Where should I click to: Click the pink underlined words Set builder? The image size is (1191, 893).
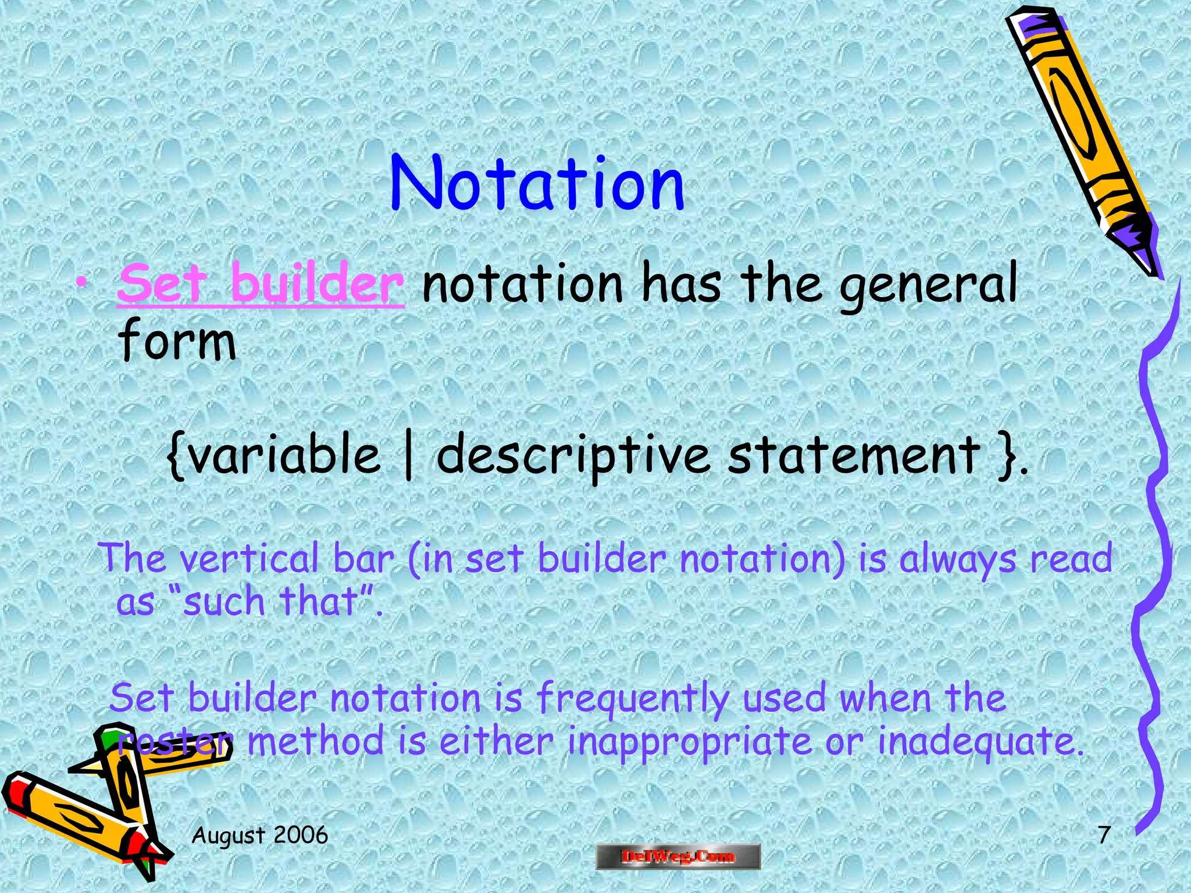coord(261,284)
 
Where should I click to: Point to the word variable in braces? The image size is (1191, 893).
coord(284,455)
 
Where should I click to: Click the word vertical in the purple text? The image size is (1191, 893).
coord(249,559)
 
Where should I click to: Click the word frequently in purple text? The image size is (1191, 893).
coord(631,698)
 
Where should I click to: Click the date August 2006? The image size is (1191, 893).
coord(260,835)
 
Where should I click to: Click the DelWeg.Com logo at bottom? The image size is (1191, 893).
coord(678,856)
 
